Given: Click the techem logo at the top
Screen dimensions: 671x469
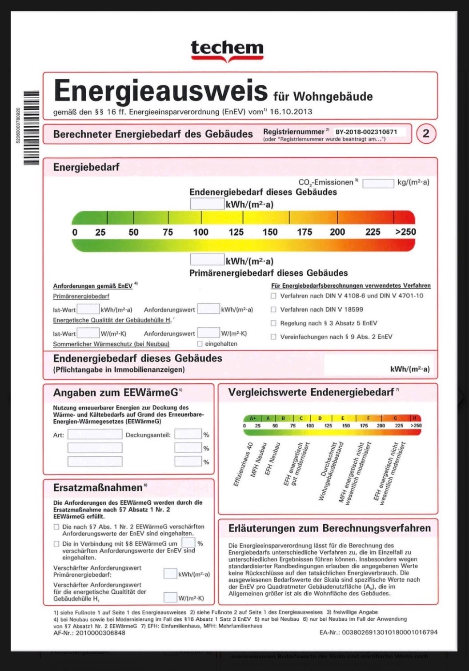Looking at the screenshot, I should (x=227, y=50).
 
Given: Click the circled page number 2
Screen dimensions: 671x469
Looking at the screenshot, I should (x=425, y=133).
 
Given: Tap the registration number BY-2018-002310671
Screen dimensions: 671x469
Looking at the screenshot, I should (x=366, y=132).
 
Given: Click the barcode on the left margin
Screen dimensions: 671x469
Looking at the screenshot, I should (x=31, y=128).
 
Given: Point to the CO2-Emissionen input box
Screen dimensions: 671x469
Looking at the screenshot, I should (x=378, y=183).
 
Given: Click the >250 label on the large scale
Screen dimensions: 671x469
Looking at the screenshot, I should (x=405, y=232).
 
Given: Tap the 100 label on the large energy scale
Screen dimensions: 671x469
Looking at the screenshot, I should (x=200, y=232).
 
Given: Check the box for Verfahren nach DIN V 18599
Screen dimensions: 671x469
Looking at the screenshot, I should (x=274, y=309).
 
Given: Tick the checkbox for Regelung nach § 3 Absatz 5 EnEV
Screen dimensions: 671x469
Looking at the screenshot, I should (x=274, y=323).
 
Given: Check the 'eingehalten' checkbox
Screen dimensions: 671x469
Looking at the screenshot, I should (x=200, y=344).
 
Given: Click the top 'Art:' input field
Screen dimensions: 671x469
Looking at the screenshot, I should (x=95, y=434).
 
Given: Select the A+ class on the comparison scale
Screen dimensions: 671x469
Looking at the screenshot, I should (x=253, y=418).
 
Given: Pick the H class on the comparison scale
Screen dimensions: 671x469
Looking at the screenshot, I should (x=415, y=418).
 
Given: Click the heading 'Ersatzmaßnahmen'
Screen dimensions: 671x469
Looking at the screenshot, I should (x=98, y=488).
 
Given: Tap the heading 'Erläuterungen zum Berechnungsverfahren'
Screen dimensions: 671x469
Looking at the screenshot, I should (x=329, y=528).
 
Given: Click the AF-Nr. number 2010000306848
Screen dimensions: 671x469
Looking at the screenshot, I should (x=100, y=633).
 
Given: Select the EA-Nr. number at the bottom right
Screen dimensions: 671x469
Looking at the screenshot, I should (x=389, y=632).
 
